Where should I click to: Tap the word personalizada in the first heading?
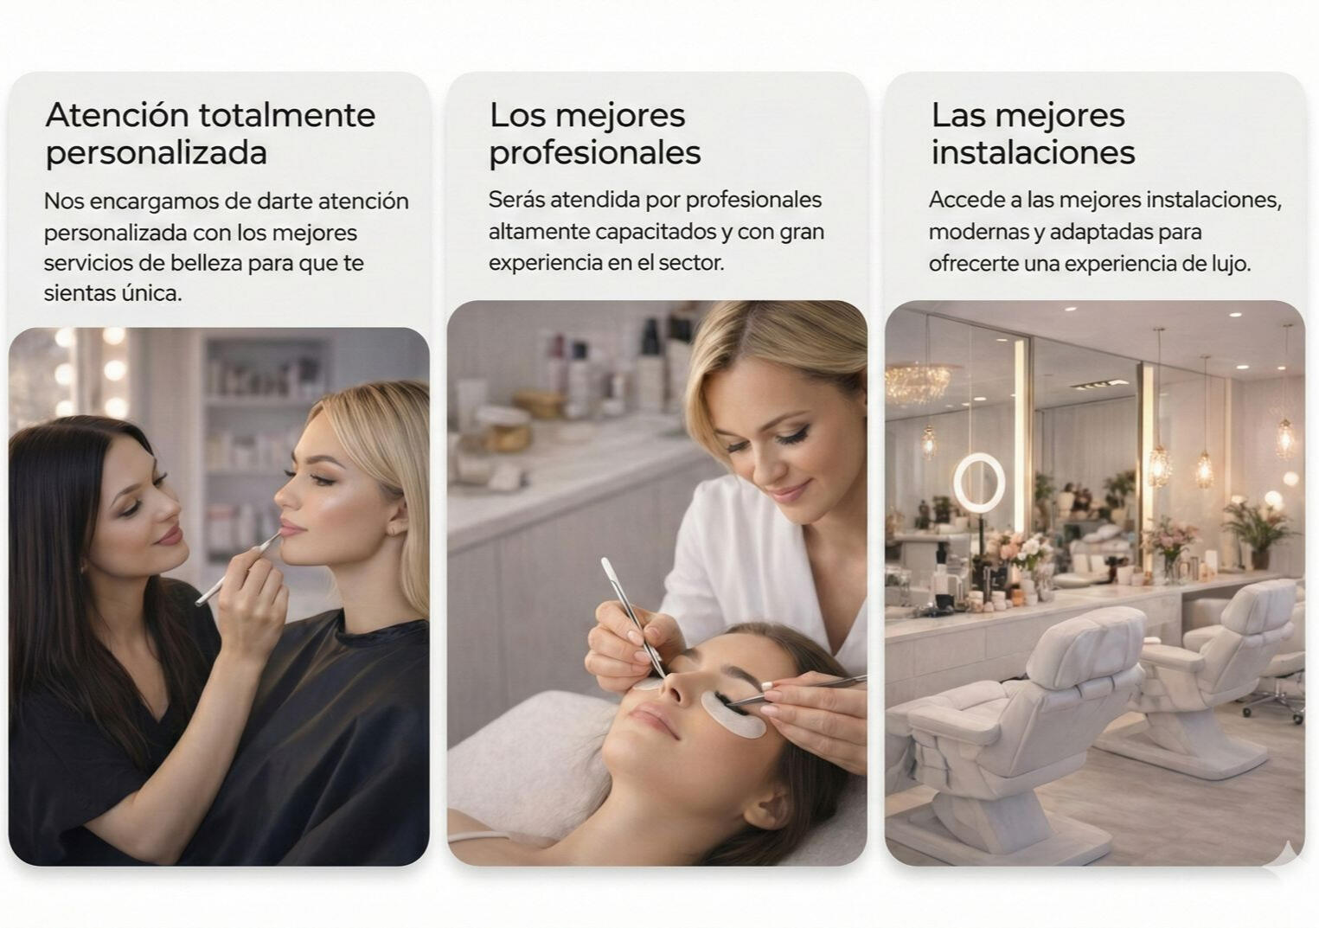tap(156, 154)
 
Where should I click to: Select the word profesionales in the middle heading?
tap(595, 154)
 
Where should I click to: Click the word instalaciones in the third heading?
tap(1033, 152)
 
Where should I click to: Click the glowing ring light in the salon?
tap(979, 482)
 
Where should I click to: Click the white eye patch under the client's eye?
tap(733, 714)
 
